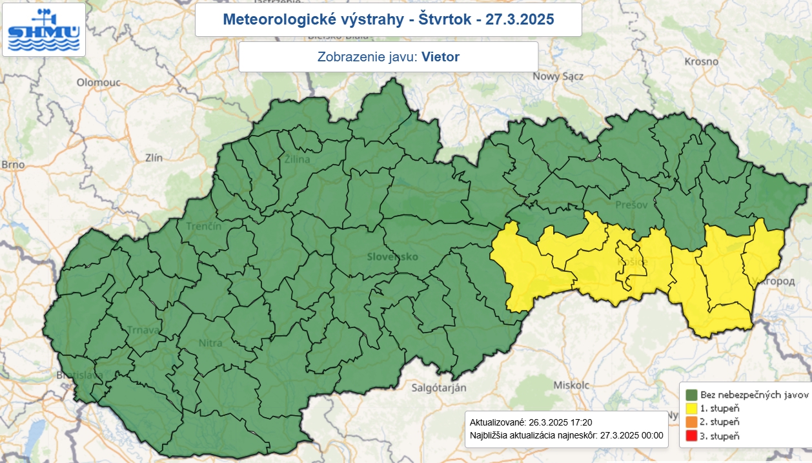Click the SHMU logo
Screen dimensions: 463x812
pos(43,30)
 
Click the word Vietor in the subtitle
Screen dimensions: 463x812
pos(440,57)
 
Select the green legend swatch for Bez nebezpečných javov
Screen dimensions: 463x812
pos(691,395)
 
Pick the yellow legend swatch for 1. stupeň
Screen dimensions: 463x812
pos(691,408)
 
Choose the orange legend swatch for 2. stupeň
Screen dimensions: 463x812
pos(691,422)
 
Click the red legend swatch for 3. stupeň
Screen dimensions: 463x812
pos(691,436)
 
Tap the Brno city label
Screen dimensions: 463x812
pos(13,165)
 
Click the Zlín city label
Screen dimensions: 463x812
pos(155,158)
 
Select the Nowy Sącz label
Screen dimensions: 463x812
pos(558,76)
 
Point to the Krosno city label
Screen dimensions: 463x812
pos(701,62)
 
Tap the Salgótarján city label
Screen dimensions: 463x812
pos(439,387)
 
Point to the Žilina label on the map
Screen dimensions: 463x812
pos(298,159)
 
